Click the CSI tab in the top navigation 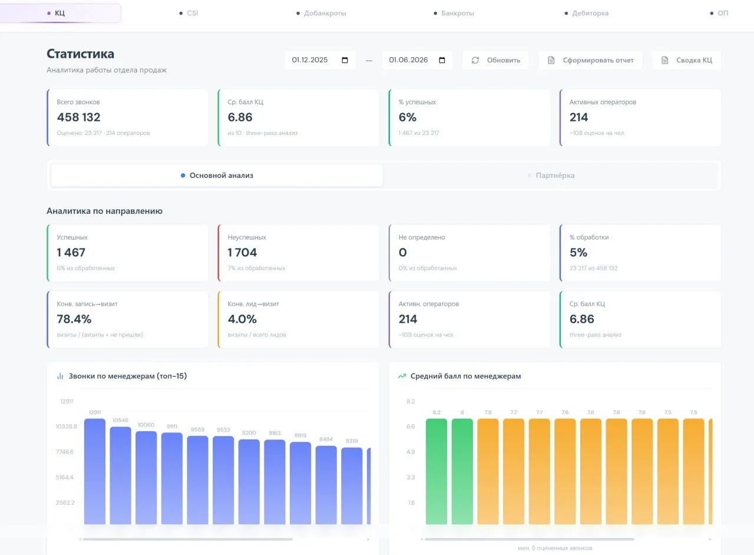coord(189,13)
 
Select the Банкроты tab coord(454,13)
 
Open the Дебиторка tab coord(586,13)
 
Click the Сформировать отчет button coord(590,60)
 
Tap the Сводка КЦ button coord(686,60)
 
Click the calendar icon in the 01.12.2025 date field coord(345,60)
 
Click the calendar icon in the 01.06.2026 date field coord(442,60)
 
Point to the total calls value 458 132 coord(78,117)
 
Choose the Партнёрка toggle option coord(551,176)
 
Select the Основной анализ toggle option coord(217,176)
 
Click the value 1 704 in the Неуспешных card coord(242,253)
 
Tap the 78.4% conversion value coord(74,319)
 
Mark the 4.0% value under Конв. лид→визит coord(242,319)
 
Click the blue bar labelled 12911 coord(95,471)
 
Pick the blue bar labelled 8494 coord(326,485)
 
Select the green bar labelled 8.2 coord(436,471)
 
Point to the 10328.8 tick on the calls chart coord(67,427)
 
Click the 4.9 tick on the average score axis coord(411,452)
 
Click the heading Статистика coord(81,54)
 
